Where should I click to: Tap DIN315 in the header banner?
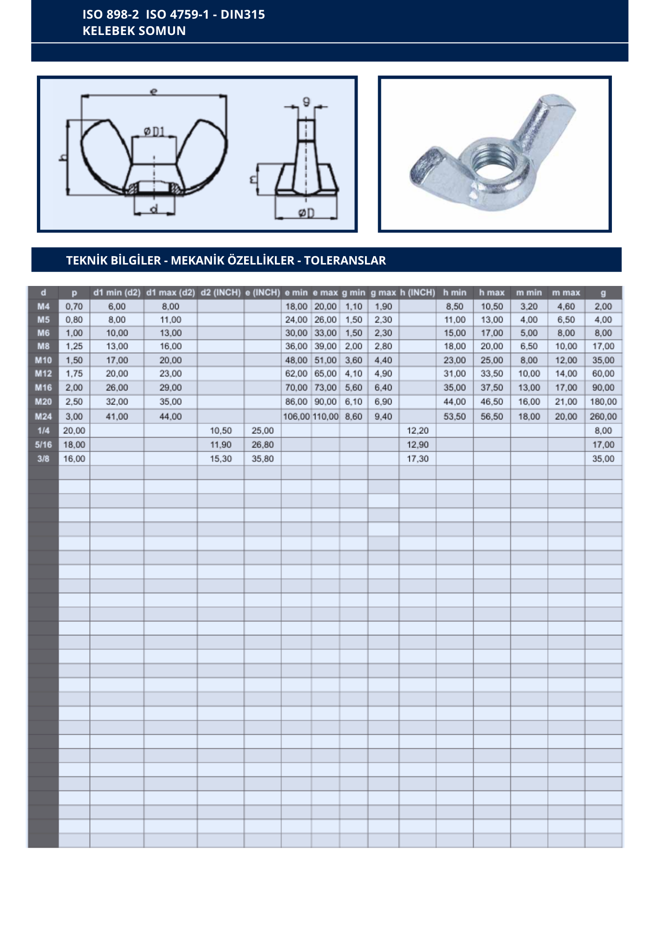pyautogui.click(x=243, y=14)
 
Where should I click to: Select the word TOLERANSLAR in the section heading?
pyautogui.click(x=345, y=260)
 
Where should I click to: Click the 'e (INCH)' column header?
pyautogui.click(x=262, y=292)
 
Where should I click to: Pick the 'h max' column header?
pyautogui.click(x=491, y=292)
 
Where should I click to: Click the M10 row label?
pyautogui.click(x=43, y=360)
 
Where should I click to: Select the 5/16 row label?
pyautogui.click(x=43, y=445)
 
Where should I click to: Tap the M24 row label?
pyautogui.click(x=43, y=417)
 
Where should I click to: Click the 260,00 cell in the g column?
pyautogui.click(x=603, y=417)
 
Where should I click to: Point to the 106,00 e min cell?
pyautogui.click(x=296, y=417)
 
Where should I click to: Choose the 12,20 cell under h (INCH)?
pyautogui.click(x=417, y=431)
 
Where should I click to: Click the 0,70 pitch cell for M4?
pyautogui.click(x=74, y=306)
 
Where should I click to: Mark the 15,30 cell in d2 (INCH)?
pyautogui.click(x=221, y=459)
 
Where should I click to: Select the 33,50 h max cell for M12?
pyautogui.click(x=491, y=374)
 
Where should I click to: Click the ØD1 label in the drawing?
pyautogui.click(x=154, y=132)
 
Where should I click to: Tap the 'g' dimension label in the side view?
pyautogui.click(x=306, y=101)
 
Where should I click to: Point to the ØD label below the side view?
pyautogui.click(x=306, y=213)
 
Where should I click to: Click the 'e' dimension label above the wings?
pyautogui.click(x=154, y=91)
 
